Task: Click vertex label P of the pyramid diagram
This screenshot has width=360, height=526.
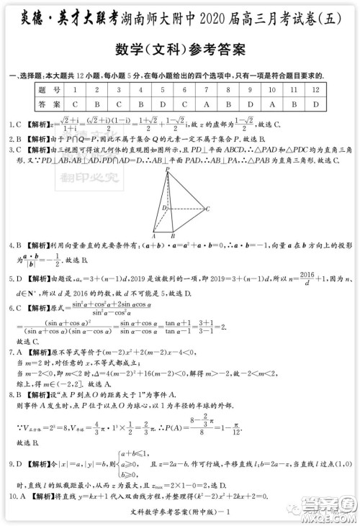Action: [x=167, y=170]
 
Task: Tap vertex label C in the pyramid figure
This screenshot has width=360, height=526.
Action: [x=207, y=209]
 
